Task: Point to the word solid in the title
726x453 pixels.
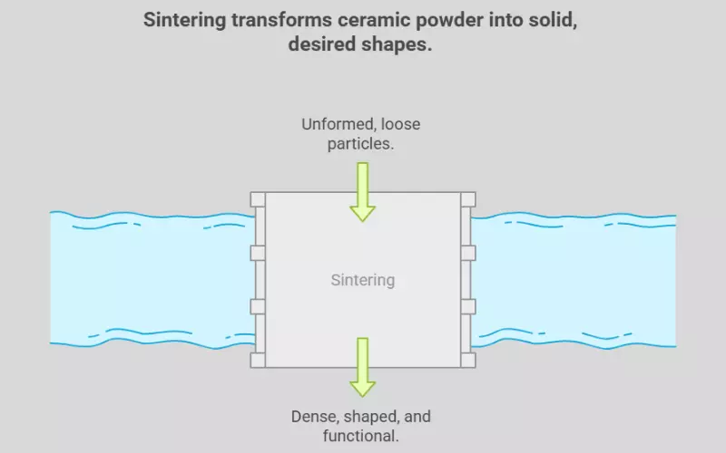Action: pyautogui.click(x=553, y=20)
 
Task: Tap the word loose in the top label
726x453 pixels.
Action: pyautogui.click(x=400, y=124)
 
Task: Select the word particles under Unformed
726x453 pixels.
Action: pyautogui.click(x=362, y=143)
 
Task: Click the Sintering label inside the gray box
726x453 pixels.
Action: pyautogui.click(x=362, y=280)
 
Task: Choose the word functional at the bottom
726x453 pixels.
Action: pyautogui.click(x=362, y=437)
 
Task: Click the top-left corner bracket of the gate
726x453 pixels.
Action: pyautogui.click(x=257, y=199)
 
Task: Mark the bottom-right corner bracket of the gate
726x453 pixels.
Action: pyautogui.click(x=467, y=360)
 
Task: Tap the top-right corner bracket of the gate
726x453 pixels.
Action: pyautogui.click(x=467, y=199)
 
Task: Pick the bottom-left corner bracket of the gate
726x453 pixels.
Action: pyautogui.click(x=257, y=360)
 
